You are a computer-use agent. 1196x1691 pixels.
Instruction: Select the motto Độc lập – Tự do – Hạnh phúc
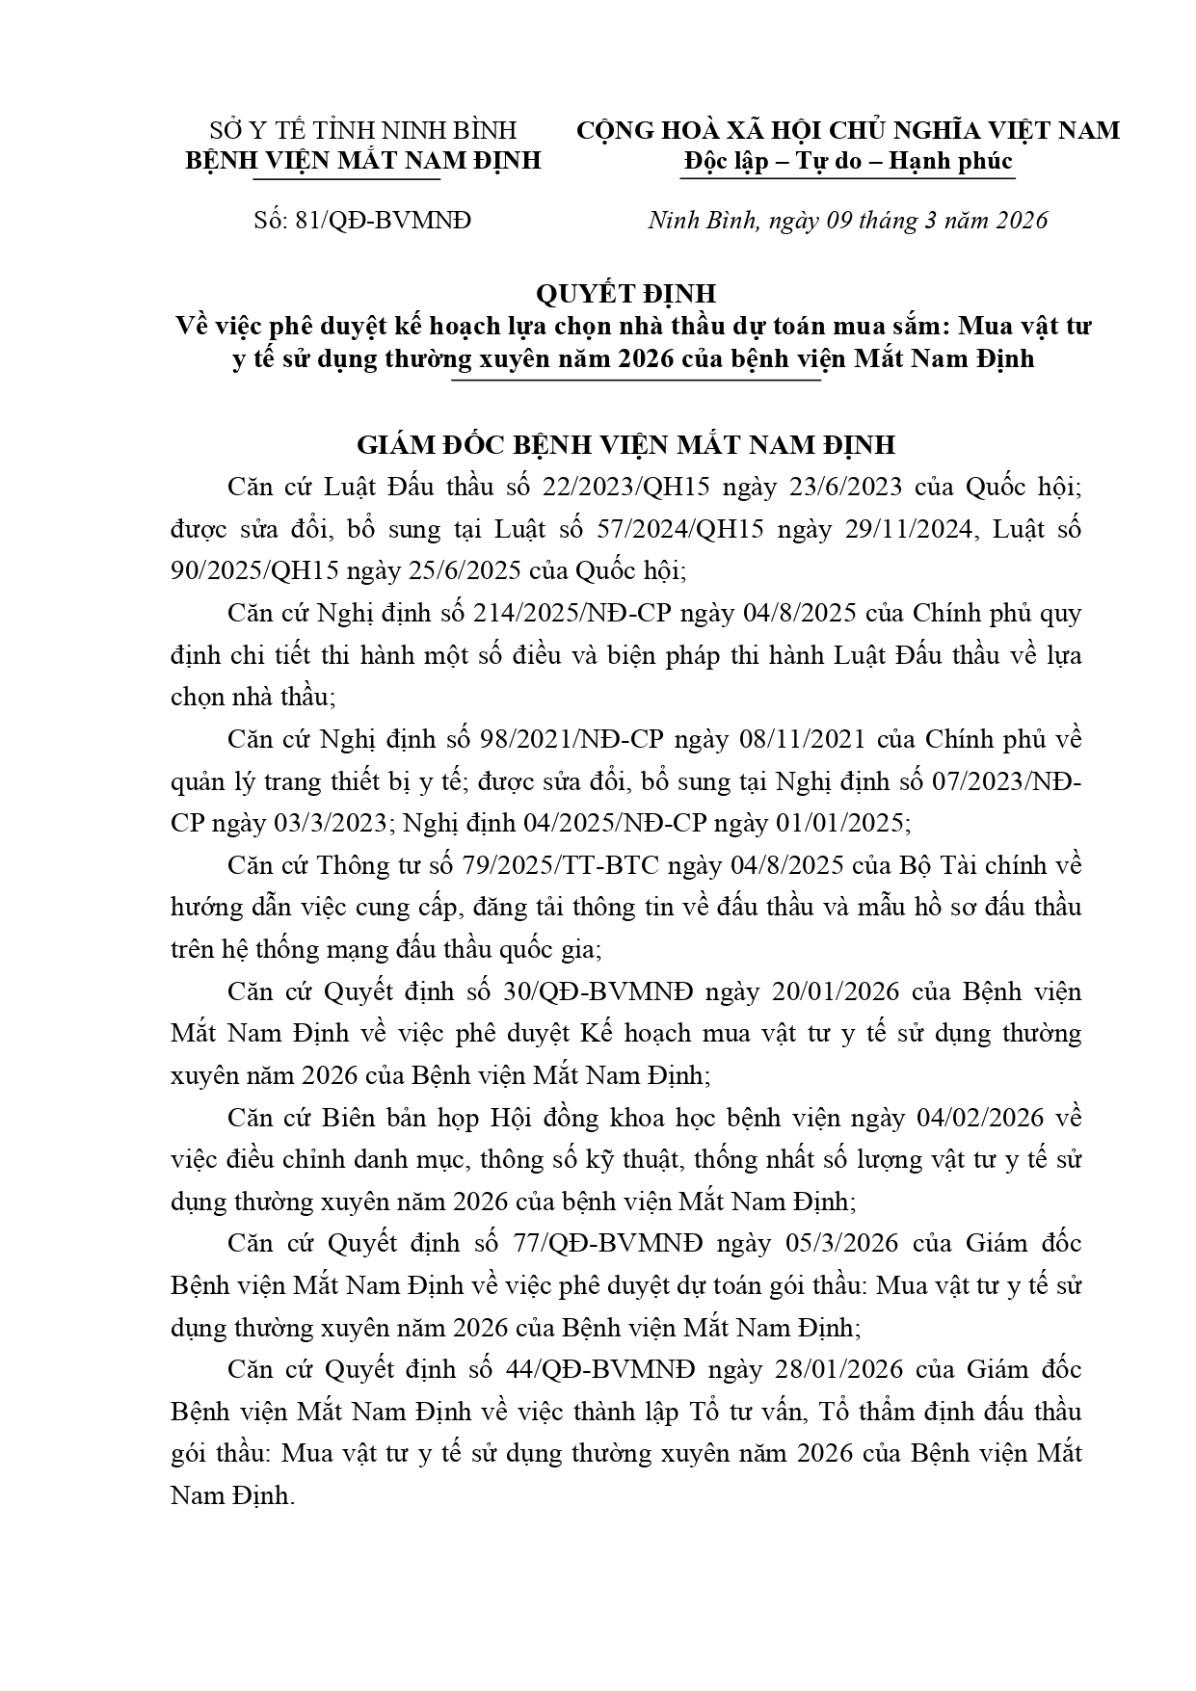(848, 161)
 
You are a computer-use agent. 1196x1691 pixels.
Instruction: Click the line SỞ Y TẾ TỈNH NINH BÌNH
(363, 130)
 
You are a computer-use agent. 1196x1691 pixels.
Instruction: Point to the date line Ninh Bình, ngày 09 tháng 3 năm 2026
(847, 221)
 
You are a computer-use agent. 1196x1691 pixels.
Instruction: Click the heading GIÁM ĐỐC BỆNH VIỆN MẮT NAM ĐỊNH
(625, 445)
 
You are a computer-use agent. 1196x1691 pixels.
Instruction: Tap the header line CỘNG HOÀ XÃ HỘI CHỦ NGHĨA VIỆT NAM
(848, 130)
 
